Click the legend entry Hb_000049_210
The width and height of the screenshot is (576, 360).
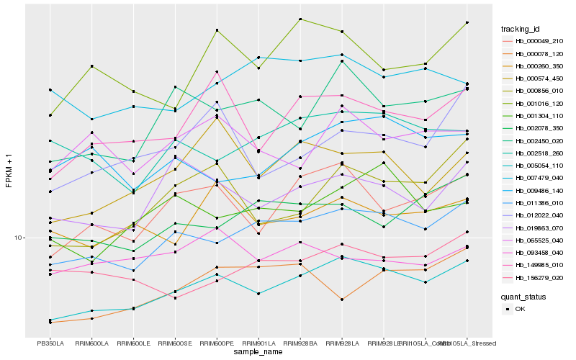click(539, 41)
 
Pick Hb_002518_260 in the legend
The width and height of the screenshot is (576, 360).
click(539, 153)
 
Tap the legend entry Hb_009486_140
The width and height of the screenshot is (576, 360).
click(539, 191)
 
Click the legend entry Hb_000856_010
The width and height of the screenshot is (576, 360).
click(539, 91)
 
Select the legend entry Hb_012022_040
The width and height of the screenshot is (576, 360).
click(539, 215)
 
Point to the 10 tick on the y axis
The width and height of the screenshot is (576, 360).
click(19, 238)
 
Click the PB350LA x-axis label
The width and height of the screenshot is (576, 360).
click(50, 343)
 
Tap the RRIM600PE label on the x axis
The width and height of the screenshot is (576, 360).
click(217, 343)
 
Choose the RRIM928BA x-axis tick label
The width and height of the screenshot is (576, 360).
click(300, 343)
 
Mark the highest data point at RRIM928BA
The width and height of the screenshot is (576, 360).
click(300, 19)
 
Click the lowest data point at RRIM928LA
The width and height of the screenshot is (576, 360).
click(342, 299)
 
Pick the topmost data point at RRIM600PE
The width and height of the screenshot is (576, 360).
click(217, 30)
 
